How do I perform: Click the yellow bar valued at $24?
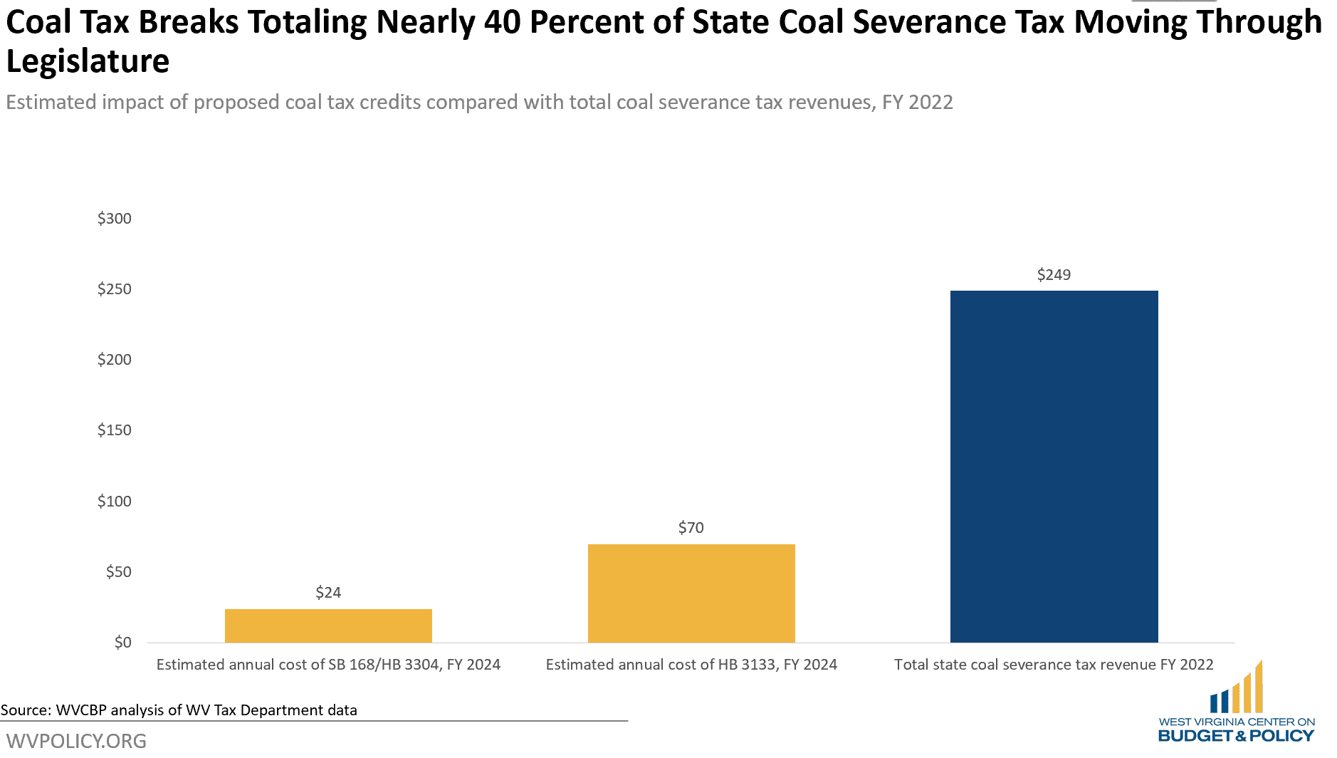pyautogui.click(x=328, y=625)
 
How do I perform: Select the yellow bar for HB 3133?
pyautogui.click(x=691, y=593)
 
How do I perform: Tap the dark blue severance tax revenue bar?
pyautogui.click(x=1054, y=466)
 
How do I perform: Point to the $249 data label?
pyautogui.click(x=1054, y=275)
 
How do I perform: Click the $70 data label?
pyautogui.click(x=691, y=528)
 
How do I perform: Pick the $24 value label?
pyautogui.click(x=328, y=593)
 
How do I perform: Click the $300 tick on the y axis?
pyautogui.click(x=115, y=219)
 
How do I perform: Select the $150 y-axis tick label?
pyautogui.click(x=115, y=430)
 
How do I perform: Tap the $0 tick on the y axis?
pyautogui.click(x=123, y=643)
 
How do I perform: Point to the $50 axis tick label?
pyautogui.click(x=119, y=572)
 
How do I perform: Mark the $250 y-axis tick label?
pyautogui.click(x=115, y=289)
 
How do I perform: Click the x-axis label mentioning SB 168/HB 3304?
pyautogui.click(x=328, y=665)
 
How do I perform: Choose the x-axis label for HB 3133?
pyautogui.click(x=691, y=665)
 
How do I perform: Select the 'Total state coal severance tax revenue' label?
pyautogui.click(x=1054, y=665)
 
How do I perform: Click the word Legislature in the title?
pyautogui.click(x=88, y=61)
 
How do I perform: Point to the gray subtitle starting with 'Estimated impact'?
pyautogui.click(x=479, y=103)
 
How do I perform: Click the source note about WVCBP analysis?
pyautogui.click(x=179, y=710)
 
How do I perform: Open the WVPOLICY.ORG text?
pyautogui.click(x=76, y=741)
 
